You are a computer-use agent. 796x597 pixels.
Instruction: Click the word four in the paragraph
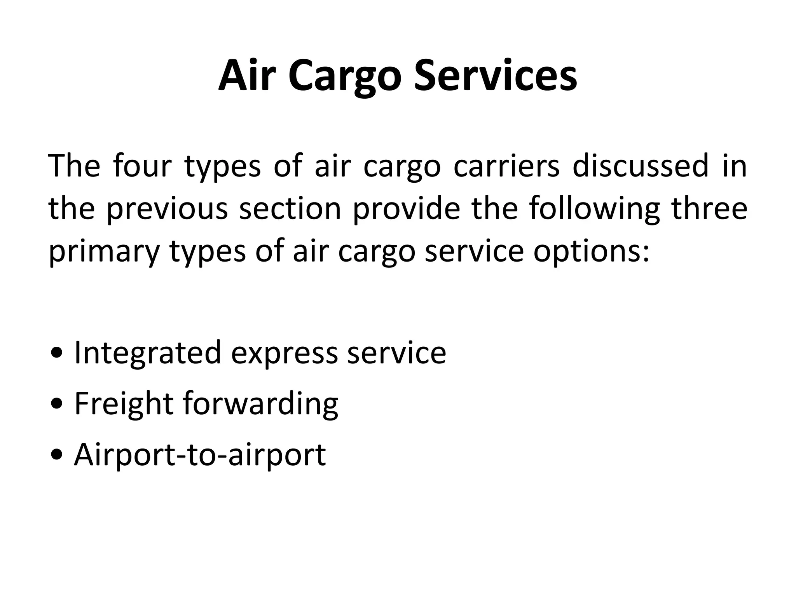(142, 166)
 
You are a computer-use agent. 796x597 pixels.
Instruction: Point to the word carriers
(506, 166)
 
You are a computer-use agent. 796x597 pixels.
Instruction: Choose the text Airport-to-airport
(200, 455)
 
